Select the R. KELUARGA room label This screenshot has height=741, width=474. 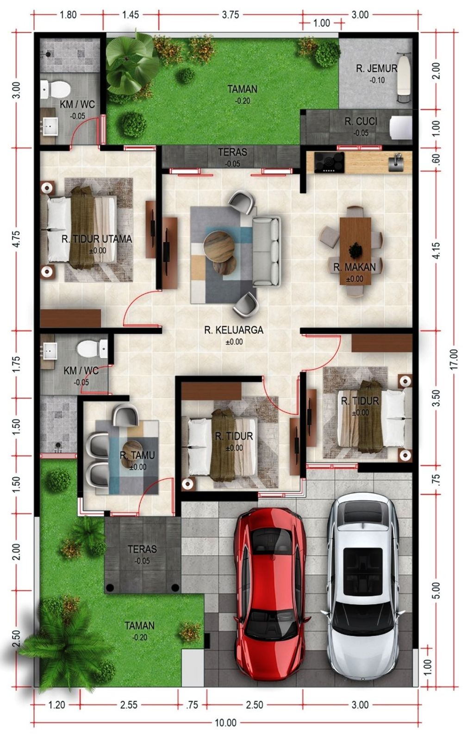234,330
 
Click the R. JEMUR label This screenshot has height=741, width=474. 376,69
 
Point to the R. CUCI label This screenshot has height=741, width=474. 361,121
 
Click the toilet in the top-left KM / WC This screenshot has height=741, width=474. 56,89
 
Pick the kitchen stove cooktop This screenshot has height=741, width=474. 329,162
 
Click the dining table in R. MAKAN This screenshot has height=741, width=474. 355,251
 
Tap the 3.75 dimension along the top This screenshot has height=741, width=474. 231,15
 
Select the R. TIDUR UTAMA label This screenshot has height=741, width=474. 97,239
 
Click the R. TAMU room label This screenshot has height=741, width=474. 137,455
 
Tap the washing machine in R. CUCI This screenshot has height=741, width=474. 400,127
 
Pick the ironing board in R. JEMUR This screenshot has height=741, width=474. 404,78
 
